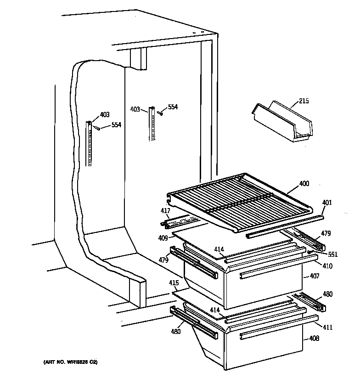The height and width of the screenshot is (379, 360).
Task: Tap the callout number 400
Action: pos(304,184)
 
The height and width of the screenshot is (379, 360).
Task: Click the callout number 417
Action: pos(165,211)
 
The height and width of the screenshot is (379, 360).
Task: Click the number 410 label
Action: pos(327,266)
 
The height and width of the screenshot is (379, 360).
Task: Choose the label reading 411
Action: pos(327,328)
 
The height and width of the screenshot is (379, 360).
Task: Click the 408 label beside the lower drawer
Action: pos(315,339)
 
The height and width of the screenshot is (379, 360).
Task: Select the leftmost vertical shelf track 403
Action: pos(90,142)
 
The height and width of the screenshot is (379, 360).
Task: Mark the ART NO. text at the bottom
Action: pos(71,363)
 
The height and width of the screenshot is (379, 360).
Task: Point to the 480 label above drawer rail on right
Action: pos(327,294)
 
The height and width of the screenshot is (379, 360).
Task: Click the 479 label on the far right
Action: pos(326,233)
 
